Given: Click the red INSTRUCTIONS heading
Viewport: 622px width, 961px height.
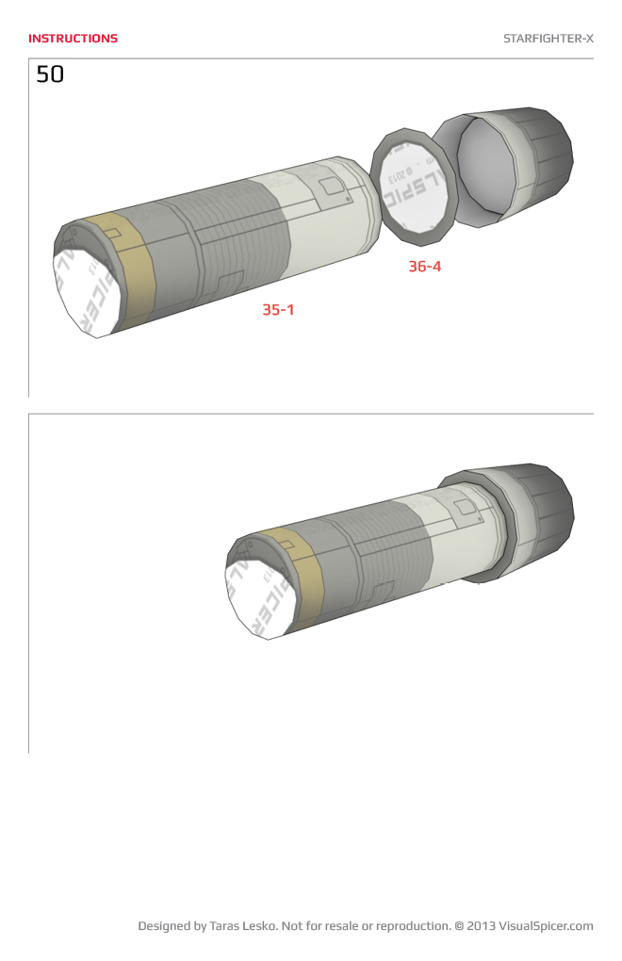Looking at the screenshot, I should pos(73,39).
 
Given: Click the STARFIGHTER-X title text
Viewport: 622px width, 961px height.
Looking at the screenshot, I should pos(548,39).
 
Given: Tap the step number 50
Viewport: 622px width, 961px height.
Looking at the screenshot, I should pos(50,74).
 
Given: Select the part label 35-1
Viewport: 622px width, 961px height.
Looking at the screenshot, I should pos(278,309).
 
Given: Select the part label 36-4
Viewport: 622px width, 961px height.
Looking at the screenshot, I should pos(424,266).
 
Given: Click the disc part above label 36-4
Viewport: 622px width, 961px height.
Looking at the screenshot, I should pos(415,184).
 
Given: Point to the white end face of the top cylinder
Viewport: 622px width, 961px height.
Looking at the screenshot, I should pos(85,287).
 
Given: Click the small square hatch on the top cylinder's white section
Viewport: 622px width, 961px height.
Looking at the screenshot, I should pos(331,187).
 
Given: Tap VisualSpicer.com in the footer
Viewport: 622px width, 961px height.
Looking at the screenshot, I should pos(546,926).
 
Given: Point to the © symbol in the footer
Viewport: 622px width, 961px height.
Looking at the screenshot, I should pos(459,926).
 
